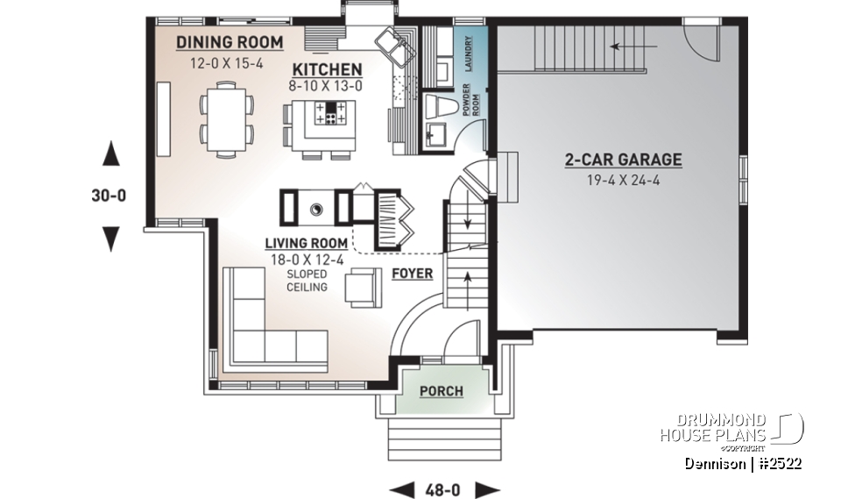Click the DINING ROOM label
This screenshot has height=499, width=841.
click(230, 42)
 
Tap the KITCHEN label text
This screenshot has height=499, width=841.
click(327, 69)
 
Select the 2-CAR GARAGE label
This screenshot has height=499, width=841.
click(623, 160)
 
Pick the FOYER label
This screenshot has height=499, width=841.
click(412, 274)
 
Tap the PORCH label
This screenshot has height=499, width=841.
click(441, 391)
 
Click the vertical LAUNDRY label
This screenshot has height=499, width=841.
click(469, 54)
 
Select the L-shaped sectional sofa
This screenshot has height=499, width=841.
click(263, 333)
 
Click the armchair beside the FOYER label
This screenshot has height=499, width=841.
click(363, 288)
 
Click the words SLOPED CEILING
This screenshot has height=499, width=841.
click(307, 281)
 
